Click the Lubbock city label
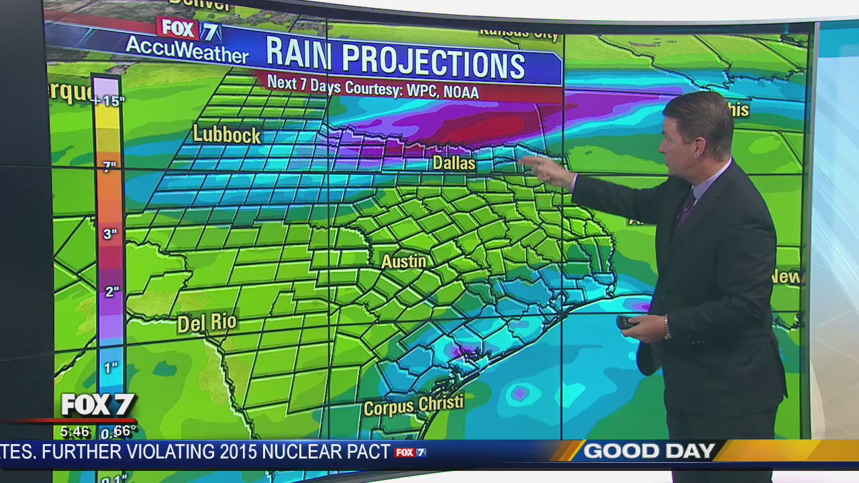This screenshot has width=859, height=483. click(227, 134)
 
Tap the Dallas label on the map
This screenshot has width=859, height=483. click(454, 163)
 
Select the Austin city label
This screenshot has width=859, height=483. click(404, 261)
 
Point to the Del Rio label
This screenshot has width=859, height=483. click(207, 323)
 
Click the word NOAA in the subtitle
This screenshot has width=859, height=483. click(461, 92)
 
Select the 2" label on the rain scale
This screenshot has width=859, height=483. click(111, 292)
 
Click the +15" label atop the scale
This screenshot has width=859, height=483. click(109, 101)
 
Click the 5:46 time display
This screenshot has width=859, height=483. click(74, 431)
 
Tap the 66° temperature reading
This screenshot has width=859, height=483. click(124, 431)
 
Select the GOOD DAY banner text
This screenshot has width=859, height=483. click(648, 451)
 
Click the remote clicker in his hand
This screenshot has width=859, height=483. click(625, 322)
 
